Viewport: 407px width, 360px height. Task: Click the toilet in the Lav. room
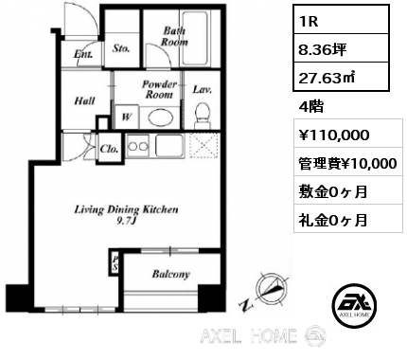coord(203,116)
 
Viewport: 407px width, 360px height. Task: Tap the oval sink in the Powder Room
coord(161,119)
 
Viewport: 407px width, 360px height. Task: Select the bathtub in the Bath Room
coord(196,39)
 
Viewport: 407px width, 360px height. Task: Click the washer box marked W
coord(126,117)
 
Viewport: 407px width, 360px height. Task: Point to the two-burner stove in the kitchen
coord(138,146)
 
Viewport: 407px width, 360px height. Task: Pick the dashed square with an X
coord(203,146)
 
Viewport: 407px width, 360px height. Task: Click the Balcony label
coord(170,274)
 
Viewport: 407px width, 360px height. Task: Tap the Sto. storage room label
coord(121,48)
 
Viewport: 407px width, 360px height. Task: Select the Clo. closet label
coord(109,149)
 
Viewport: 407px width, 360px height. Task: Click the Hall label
coord(84,100)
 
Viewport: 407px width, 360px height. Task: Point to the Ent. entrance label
coord(83,55)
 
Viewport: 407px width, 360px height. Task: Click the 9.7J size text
coord(126,221)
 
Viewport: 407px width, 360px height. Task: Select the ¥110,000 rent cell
coord(348,133)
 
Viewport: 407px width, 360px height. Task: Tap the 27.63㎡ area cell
coord(341,77)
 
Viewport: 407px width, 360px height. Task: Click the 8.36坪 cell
coord(341,48)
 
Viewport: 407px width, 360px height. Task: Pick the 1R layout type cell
coord(341,20)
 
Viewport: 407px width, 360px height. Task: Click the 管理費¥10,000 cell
coord(348,161)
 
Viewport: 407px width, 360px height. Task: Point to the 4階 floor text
coord(310,107)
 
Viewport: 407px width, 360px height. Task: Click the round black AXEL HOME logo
coord(355,306)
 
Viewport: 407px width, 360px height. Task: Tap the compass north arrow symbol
coord(272,289)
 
